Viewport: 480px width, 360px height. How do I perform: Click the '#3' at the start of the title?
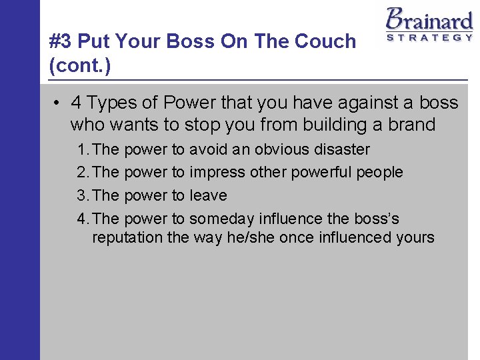[x=61, y=41]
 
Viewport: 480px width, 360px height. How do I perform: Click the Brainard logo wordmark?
[x=429, y=19]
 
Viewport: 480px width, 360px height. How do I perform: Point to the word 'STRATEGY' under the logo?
[x=429, y=38]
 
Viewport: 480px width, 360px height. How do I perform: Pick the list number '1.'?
[x=84, y=149]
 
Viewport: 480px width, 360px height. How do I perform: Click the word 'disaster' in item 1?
[x=339, y=149]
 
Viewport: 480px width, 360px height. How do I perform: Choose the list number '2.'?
[x=84, y=173]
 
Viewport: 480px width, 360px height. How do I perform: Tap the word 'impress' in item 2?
[x=218, y=173]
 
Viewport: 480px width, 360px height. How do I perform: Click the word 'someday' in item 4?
[x=219, y=219]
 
